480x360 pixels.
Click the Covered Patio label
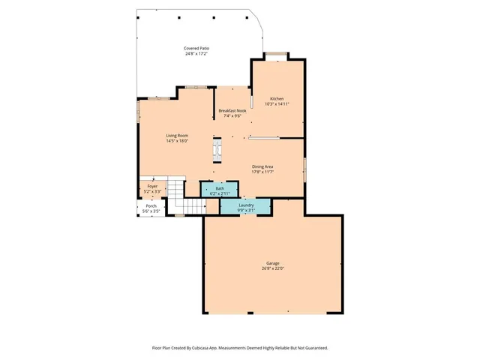click(196, 49)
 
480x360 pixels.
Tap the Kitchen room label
click(277, 99)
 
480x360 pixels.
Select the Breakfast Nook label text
click(232, 110)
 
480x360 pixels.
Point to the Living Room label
click(177, 135)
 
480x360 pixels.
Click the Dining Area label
click(262, 166)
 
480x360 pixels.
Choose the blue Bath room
click(219, 190)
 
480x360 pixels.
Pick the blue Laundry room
click(246, 206)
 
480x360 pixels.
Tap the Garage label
click(272, 263)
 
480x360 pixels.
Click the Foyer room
click(151, 188)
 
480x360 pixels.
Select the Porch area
click(151, 208)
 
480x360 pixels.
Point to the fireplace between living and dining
click(218, 149)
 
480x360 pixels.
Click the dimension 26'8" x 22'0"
click(272, 268)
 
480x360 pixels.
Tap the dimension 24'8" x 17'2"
click(196, 54)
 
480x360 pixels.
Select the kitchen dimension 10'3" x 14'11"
click(277, 104)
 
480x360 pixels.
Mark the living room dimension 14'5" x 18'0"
click(177, 140)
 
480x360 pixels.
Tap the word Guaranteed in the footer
click(313, 348)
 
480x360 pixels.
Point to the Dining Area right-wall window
click(304, 169)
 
